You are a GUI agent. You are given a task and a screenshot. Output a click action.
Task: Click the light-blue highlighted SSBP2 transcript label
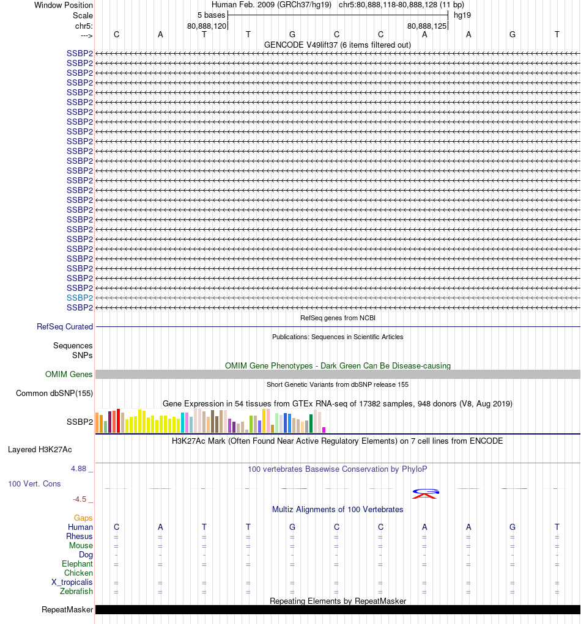coord(80,298)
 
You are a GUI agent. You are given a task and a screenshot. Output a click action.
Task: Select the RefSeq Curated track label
coord(65,327)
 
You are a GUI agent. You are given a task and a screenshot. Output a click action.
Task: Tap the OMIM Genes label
coord(69,374)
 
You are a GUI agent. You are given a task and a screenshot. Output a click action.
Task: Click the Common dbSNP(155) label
coord(54,393)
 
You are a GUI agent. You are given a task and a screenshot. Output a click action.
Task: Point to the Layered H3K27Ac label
coord(40,449)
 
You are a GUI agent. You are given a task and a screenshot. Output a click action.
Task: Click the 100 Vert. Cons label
coord(34,483)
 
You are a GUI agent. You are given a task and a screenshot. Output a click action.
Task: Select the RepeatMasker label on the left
coord(67,609)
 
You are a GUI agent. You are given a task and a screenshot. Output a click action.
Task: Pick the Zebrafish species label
coord(76,591)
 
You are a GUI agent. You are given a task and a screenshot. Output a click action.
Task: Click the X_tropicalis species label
coord(72,582)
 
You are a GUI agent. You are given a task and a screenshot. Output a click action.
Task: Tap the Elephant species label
coord(77,563)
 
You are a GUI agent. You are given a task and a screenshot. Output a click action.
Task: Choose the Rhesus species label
coord(80,536)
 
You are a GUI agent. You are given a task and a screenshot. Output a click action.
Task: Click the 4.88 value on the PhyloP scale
coord(80,469)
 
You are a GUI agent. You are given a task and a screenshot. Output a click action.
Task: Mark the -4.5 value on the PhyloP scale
coord(80,499)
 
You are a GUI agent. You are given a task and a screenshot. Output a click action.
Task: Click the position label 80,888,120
coord(207,26)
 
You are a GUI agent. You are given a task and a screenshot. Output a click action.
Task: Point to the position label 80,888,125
coord(427,26)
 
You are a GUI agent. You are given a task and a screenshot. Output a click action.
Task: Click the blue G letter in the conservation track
coord(426,491)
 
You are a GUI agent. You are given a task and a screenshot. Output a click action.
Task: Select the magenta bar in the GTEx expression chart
coord(324,430)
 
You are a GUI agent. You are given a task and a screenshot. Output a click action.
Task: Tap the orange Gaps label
coord(83,518)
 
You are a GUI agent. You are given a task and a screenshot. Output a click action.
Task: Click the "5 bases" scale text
coord(211,15)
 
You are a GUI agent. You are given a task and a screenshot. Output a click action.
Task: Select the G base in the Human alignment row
coord(292,527)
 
